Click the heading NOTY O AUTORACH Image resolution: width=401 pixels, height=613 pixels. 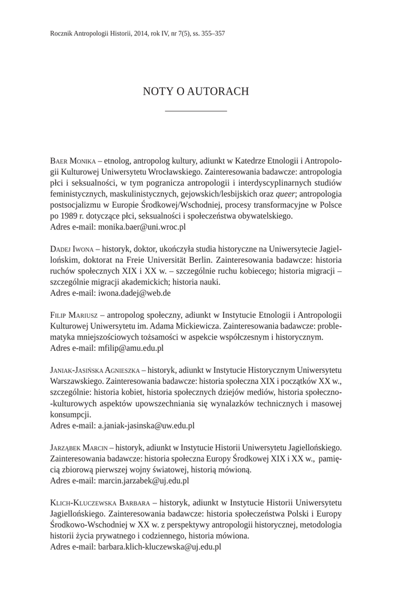tap(195, 92)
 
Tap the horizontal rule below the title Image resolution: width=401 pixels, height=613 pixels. tap(195, 111)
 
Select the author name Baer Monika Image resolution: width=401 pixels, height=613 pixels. tap(73, 162)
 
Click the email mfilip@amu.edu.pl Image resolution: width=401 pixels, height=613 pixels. tap(131, 348)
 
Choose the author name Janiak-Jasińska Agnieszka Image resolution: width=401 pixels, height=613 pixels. tap(95, 370)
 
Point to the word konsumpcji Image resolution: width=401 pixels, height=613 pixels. tap(71, 414)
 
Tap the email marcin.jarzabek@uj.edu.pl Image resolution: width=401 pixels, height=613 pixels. tap(144, 480)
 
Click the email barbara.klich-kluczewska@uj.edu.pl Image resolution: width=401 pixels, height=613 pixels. tap(160, 546)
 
